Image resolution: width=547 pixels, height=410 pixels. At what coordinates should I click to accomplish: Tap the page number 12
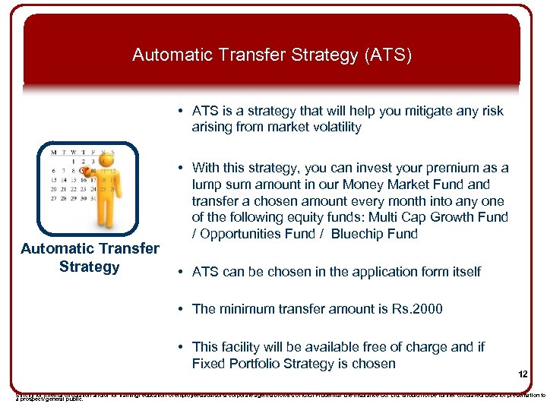click(523, 374)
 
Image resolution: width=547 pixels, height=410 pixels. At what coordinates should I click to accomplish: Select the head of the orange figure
click(107, 160)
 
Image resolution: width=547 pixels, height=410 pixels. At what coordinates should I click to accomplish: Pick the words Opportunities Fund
click(255, 234)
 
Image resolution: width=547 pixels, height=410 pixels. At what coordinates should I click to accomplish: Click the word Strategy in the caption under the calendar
click(90, 266)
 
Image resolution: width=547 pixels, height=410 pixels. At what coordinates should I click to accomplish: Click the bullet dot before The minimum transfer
click(182, 308)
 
